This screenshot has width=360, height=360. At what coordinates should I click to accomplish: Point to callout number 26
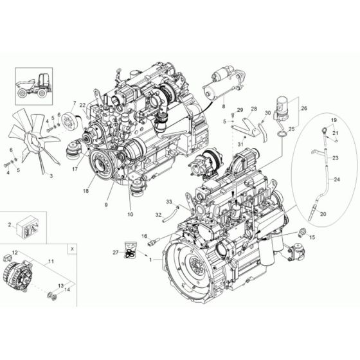304,108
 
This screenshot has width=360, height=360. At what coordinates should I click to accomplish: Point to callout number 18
85,192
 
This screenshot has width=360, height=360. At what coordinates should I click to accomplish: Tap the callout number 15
312,237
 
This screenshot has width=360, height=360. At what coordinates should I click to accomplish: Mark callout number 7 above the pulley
75,104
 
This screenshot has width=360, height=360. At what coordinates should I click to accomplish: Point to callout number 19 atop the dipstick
334,121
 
